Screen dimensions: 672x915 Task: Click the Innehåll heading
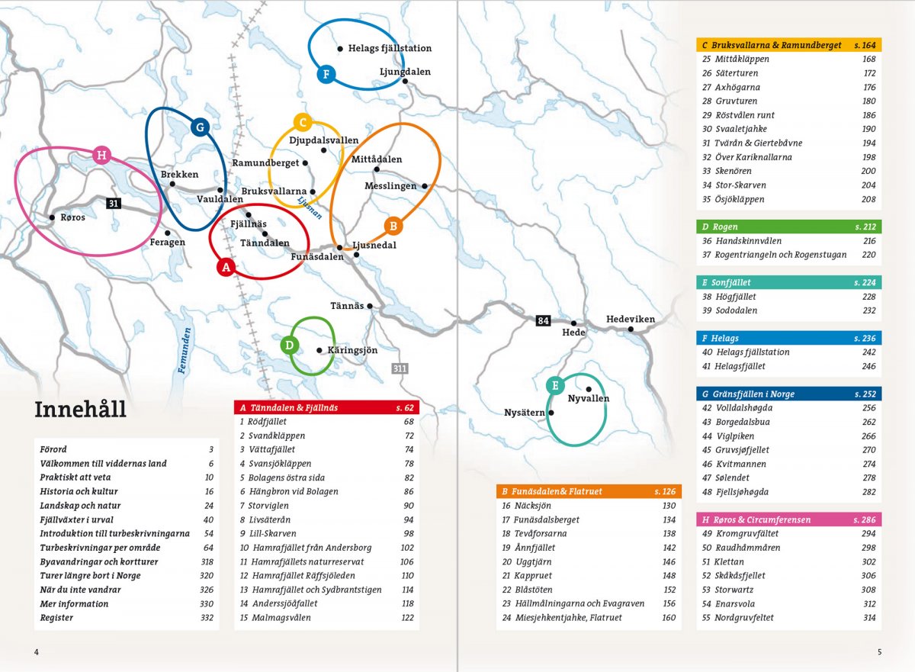[x=80, y=410]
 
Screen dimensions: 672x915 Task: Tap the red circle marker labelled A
[x=225, y=267]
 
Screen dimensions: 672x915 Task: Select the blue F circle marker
[x=326, y=74]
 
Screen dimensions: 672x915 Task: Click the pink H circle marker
[x=101, y=156]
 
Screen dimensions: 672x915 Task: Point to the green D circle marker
[x=289, y=345]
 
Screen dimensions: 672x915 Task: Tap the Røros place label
[x=72, y=217]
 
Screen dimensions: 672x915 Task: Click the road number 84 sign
[x=543, y=320]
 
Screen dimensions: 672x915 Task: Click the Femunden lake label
[x=185, y=350]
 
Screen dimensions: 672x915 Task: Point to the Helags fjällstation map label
[x=390, y=48]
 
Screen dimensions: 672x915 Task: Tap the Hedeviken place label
[x=631, y=319]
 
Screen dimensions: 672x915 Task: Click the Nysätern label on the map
[x=525, y=413]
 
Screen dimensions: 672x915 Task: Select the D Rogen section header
[x=788, y=227]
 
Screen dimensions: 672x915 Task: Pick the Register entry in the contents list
[x=56, y=618]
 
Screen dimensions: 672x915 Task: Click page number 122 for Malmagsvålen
[x=407, y=618]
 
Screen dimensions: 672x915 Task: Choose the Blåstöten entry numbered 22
[x=531, y=590]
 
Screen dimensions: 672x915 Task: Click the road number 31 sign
[x=114, y=203]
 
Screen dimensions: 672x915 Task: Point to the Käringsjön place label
[x=352, y=350]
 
